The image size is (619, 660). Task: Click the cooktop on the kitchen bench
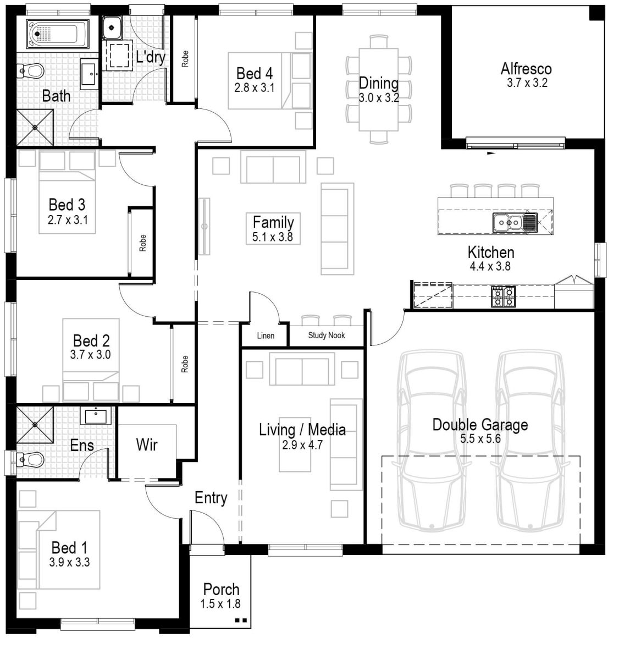point(502,296)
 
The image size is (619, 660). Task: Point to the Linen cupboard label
point(266,335)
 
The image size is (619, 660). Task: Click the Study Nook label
point(326,335)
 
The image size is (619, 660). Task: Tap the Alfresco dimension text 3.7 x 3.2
point(527,84)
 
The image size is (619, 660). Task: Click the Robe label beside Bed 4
point(185,59)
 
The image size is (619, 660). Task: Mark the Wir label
point(147,445)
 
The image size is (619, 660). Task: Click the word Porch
point(221,589)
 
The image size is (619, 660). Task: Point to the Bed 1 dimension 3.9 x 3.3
point(69,562)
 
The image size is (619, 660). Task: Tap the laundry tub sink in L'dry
point(112,26)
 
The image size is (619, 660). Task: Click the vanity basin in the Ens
point(96,415)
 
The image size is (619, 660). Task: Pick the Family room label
point(273,222)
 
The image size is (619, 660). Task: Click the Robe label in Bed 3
point(143,243)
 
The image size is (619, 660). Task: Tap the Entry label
point(211,498)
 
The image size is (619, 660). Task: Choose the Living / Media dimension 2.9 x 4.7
point(302,445)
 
